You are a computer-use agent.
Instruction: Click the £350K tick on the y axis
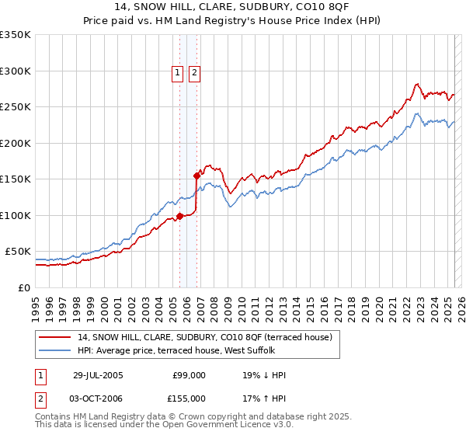(x=15, y=35)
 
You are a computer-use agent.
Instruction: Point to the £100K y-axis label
(x=15, y=215)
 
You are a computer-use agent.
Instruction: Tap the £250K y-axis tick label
(x=15, y=107)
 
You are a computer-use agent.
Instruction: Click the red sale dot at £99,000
(x=180, y=216)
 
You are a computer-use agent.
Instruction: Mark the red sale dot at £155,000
(x=196, y=176)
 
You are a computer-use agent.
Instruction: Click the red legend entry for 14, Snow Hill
(x=205, y=336)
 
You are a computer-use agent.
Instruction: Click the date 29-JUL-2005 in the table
(x=97, y=375)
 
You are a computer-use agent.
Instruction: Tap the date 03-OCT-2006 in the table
(x=97, y=398)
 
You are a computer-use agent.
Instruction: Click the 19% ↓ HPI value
(x=264, y=375)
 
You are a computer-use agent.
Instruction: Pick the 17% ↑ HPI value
(x=264, y=398)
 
